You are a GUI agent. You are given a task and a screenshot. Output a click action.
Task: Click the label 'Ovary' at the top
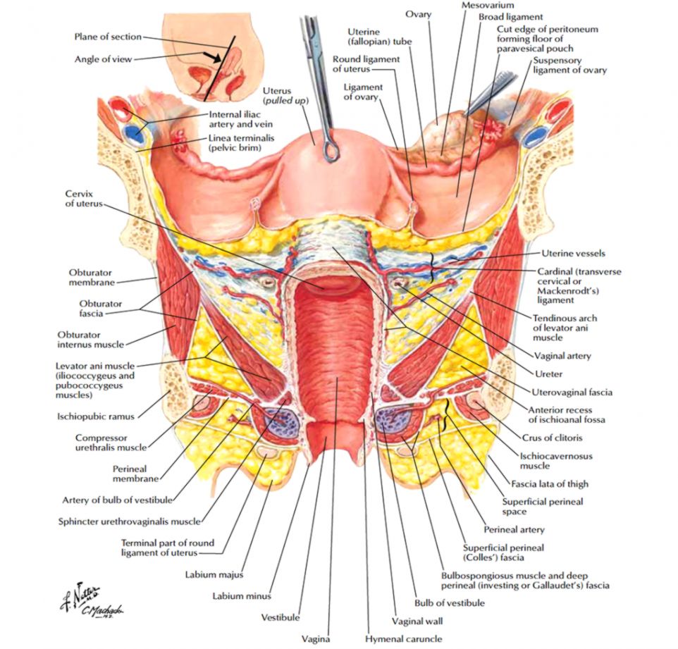pyautogui.click(x=418, y=13)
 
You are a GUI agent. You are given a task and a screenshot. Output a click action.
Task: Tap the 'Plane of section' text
pyautogui.click(x=108, y=37)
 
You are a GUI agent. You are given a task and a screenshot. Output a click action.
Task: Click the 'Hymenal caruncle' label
pyautogui.click(x=404, y=639)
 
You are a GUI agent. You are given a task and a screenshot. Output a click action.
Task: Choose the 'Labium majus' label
pyautogui.click(x=209, y=574)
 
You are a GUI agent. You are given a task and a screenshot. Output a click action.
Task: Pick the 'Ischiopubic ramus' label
pyautogui.click(x=96, y=416)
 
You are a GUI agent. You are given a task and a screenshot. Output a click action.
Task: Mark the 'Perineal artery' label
pyautogui.click(x=514, y=529)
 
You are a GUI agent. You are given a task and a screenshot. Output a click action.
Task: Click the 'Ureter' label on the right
pyautogui.click(x=548, y=374)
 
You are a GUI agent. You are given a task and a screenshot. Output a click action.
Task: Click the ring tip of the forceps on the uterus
pyautogui.click(x=331, y=149)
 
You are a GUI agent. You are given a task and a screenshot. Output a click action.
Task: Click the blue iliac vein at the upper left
pyautogui.click(x=132, y=132)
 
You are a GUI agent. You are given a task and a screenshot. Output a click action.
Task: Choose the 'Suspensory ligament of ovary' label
pyautogui.click(x=569, y=66)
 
